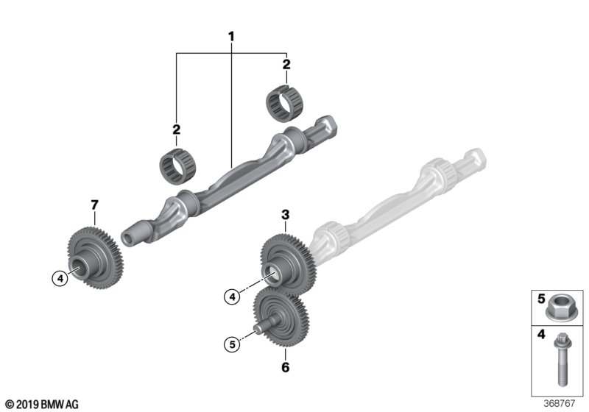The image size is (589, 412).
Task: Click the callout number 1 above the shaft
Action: coord(231,36)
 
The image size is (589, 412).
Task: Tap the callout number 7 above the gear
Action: coord(94,203)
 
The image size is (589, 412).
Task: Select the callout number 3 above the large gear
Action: coord(286,215)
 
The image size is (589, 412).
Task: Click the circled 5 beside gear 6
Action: coord(232,343)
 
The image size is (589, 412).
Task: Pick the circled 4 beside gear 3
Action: coord(232,296)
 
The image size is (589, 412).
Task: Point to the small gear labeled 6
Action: coord(281,317)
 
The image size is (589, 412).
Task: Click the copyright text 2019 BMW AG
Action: coord(41,404)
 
